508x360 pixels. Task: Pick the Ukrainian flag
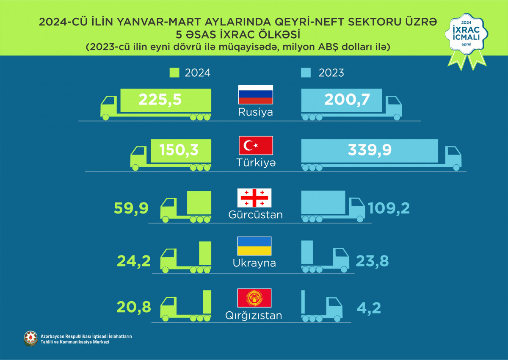[254, 246]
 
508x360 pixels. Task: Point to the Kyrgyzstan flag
[254, 298]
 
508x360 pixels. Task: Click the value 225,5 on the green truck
[160, 100]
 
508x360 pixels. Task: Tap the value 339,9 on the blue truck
[369, 150]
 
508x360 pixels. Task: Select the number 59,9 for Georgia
[131, 208]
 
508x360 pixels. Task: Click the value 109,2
[389, 208]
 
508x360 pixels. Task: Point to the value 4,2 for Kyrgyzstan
[369, 307]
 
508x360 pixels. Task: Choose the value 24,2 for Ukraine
[133, 260]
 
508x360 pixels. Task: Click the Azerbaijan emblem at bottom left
[31, 338]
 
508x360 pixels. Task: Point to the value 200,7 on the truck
[347, 100]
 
